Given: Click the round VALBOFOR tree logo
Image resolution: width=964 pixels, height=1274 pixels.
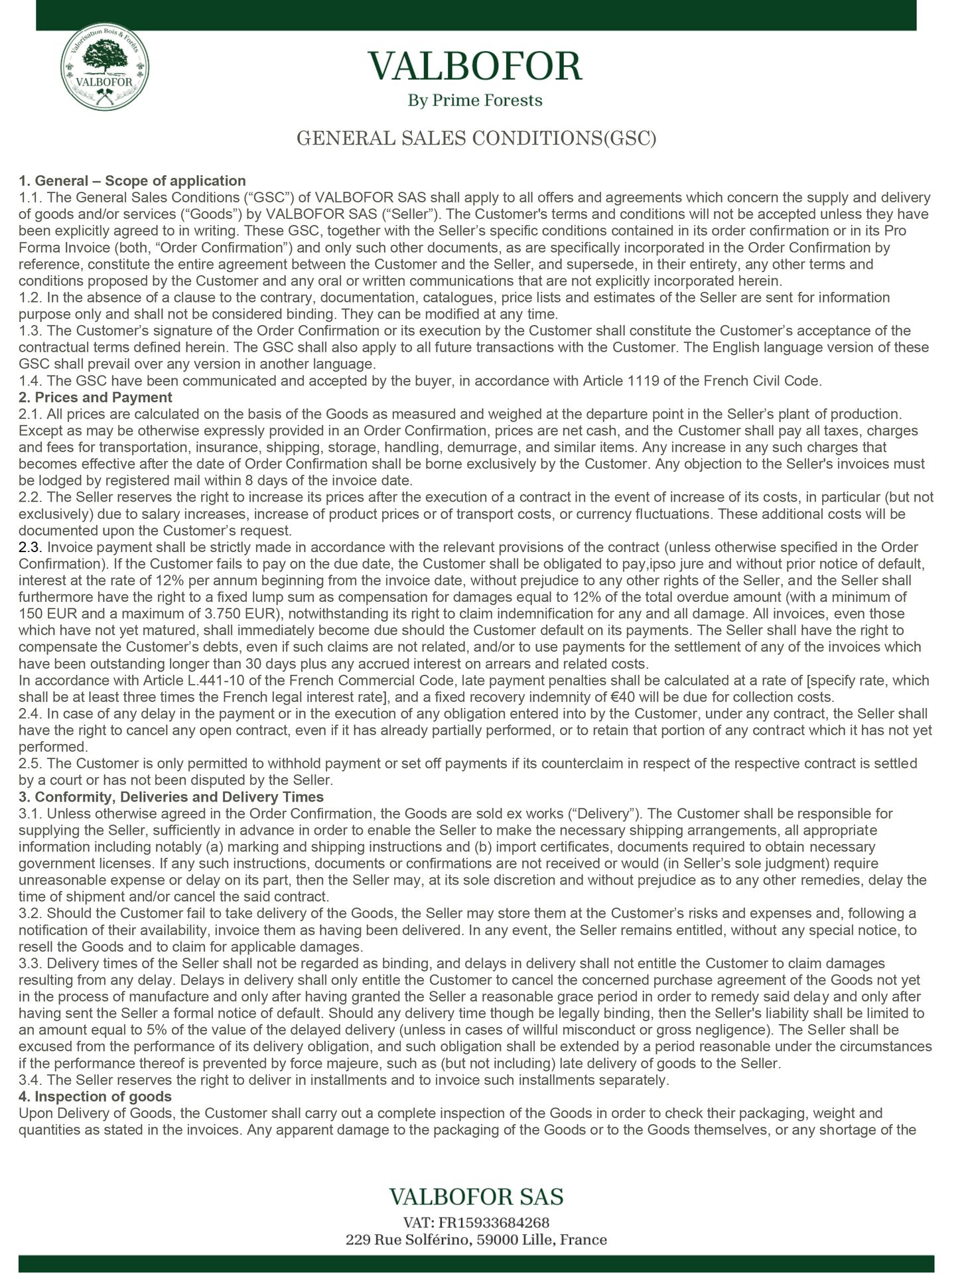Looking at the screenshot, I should pos(104,72).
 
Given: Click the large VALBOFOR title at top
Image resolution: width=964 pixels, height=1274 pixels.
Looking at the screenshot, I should pos(476,66).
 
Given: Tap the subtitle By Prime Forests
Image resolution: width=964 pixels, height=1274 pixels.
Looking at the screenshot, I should pos(475,100).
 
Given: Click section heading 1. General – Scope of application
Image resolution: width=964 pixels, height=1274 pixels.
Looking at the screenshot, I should pos(132,180).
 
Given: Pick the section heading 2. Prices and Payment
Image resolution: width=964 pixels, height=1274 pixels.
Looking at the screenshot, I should pos(96,397).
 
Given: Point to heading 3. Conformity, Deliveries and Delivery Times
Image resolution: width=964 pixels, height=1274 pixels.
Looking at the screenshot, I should pos(171,797).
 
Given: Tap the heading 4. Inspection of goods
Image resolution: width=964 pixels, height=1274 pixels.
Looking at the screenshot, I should pos(96,1096).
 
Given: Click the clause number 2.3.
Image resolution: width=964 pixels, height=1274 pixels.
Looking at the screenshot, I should pos(30,547).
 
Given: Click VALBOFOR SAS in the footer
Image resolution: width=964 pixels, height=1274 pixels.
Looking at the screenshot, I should pos(476,1196).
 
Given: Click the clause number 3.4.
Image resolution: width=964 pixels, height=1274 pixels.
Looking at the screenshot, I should pos(30,1080).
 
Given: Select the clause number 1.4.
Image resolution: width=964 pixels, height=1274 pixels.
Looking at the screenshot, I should pos(30,381).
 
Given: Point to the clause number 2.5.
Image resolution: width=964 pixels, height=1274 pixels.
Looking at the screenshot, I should pos(30,764).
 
